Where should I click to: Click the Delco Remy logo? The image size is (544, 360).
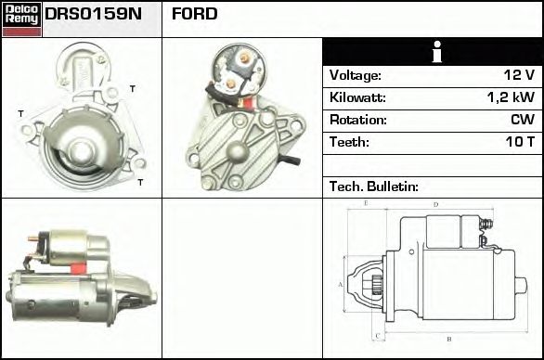pos(21,19)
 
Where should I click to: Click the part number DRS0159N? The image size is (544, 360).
pos(93,14)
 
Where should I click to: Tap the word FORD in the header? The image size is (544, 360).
pos(194,14)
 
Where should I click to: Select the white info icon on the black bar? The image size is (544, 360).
pos(437,52)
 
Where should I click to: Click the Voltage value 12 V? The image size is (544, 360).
pos(519,75)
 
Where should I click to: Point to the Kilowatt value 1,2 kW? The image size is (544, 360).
pos(511,97)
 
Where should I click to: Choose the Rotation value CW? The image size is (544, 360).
pos(523,120)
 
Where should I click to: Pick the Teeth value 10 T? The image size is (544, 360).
pos(520,142)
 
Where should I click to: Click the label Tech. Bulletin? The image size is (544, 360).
pos(374,186)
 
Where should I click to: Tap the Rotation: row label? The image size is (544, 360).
pos(358,120)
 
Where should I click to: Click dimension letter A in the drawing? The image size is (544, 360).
pos(340,285)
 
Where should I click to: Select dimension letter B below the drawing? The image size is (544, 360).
pos(449,340)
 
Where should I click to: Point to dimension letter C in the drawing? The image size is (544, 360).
pos(378,336)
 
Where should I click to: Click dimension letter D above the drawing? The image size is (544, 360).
pos(436,205)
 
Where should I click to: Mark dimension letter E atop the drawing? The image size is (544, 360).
pos(366,203)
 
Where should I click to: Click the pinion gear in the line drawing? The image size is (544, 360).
pos(377,285)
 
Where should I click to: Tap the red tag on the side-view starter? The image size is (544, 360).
pos(78,268)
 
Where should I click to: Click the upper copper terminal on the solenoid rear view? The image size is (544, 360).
pos(245,58)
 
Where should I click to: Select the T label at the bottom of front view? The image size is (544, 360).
pos(140,182)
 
